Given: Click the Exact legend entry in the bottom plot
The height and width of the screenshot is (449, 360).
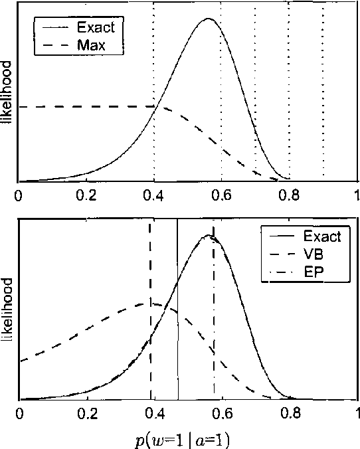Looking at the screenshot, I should pos(321,236).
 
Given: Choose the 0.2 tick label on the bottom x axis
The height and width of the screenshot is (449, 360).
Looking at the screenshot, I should pos(87,413).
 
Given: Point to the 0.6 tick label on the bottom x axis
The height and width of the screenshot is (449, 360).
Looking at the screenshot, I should pos(222,413).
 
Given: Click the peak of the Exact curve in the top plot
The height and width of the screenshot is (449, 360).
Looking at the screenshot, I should pos(208,19).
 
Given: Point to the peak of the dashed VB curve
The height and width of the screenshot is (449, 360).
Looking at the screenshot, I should pos(145,304).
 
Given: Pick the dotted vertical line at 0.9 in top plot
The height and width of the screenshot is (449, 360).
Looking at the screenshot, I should pos(323,100).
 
